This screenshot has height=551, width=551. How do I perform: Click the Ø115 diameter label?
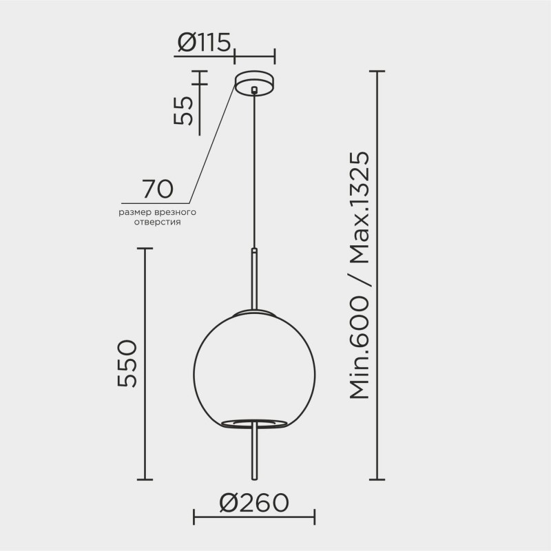(x=203, y=43)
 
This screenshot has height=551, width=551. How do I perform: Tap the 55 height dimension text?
(x=184, y=110)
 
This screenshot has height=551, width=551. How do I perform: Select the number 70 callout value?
(x=157, y=189)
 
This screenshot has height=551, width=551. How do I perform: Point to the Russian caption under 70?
(x=158, y=218)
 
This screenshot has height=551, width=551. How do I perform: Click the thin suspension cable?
(x=255, y=172)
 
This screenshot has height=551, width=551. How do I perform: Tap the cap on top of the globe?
(x=255, y=313)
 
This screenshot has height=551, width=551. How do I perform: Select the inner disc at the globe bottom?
(x=255, y=422)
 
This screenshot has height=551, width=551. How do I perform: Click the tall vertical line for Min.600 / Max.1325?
(x=377, y=275)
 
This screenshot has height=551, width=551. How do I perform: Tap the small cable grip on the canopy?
(x=255, y=90)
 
